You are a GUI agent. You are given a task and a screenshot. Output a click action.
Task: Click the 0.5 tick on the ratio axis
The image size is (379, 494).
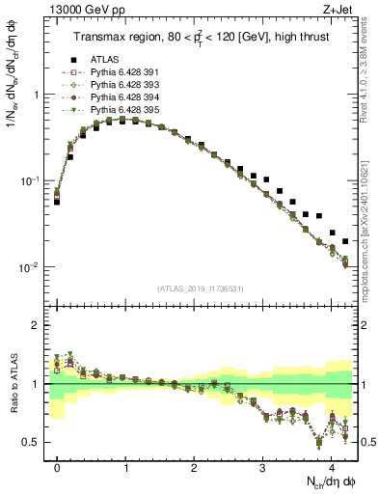(x=36, y=442)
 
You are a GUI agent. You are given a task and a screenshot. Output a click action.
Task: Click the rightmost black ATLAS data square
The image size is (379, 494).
(x=345, y=241)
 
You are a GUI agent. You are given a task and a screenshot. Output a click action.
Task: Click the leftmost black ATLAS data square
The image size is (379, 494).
(x=57, y=202)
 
